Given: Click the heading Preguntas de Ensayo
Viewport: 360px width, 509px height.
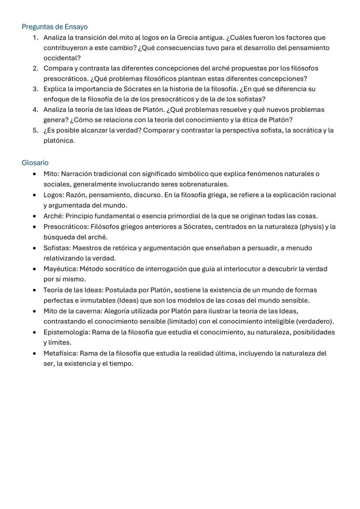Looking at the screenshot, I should [54, 27].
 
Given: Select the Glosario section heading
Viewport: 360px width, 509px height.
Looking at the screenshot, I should [35, 163].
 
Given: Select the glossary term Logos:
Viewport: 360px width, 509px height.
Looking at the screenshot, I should [53, 195].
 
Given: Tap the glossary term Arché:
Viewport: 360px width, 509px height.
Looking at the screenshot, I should [53, 216].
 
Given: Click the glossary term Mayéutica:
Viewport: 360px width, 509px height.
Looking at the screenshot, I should [60, 269].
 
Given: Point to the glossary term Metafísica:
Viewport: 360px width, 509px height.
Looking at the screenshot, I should [60, 353].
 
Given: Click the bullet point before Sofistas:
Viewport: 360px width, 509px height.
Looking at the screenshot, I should [35, 248].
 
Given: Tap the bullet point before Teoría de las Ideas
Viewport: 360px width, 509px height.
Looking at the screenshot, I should [35, 290].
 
